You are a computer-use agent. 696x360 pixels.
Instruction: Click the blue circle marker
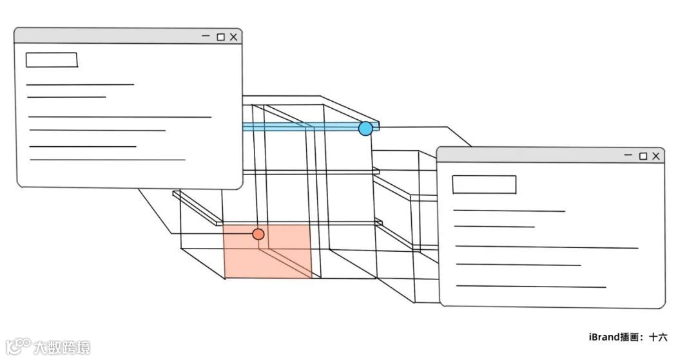[365, 128]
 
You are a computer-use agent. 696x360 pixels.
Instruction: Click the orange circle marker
[258, 234]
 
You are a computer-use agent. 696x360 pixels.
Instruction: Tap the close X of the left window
[233, 37]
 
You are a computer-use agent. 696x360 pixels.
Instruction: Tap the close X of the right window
[656, 156]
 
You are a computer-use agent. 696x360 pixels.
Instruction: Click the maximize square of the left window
[220, 37]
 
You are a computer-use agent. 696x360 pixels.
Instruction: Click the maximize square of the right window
[643, 156]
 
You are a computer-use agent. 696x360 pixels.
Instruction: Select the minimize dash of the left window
[206, 37]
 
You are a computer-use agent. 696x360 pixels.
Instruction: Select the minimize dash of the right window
[628, 155]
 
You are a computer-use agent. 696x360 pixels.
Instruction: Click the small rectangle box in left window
[52, 60]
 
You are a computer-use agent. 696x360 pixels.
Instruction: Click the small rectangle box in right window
[484, 184]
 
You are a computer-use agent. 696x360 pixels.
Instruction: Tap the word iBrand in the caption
[604, 337]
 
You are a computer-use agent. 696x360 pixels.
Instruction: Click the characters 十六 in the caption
[658, 337]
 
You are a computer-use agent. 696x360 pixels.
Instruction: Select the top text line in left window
[80, 84]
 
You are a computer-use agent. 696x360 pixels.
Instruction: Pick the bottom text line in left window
[108, 160]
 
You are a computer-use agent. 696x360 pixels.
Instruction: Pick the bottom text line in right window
[531, 287]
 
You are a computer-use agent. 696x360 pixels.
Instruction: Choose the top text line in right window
[509, 211]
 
